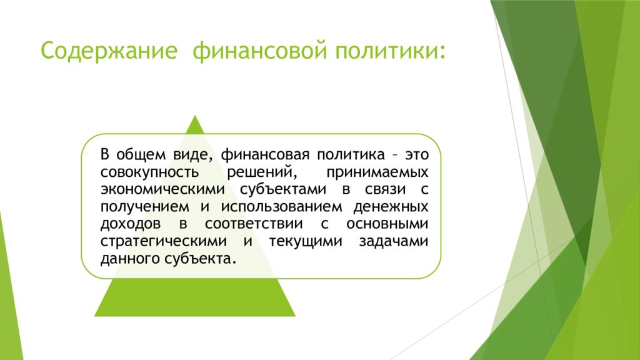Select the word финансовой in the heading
(x=259, y=51)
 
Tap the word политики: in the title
(x=391, y=51)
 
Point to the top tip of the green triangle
(x=195, y=116)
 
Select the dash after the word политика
(x=395, y=156)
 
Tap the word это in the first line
(x=417, y=155)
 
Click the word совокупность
(x=150, y=172)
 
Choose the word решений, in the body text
(x=261, y=172)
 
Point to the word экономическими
(x=163, y=189)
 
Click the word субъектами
(x=283, y=189)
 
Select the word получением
(x=145, y=207)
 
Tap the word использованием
(x=282, y=207)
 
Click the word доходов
(x=131, y=224)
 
